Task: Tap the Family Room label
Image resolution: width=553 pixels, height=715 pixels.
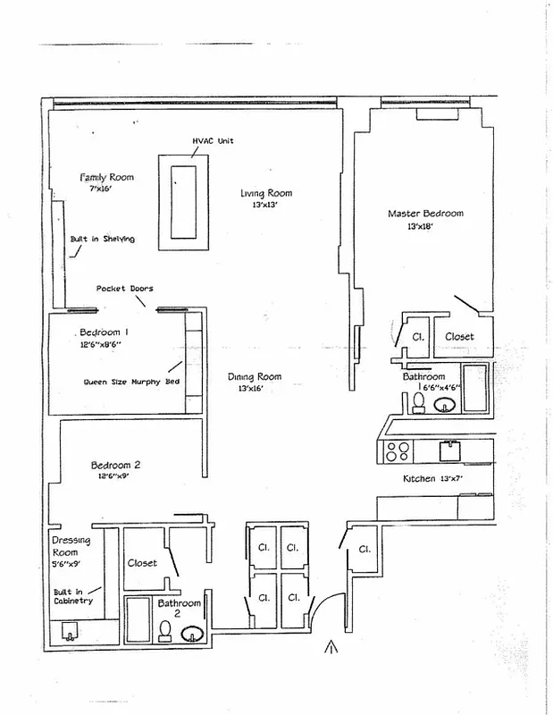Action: point(106,177)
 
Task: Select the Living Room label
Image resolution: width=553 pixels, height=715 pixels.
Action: point(266,193)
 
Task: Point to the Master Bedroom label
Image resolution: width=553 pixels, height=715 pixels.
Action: point(425,214)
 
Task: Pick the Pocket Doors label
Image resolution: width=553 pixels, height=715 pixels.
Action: point(124,289)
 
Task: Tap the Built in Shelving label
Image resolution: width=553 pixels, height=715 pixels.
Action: point(103,240)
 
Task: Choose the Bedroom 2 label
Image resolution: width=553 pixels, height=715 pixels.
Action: point(116,465)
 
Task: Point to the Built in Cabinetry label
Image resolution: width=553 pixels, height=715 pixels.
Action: point(71,596)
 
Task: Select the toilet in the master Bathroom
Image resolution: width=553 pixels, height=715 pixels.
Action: point(417,404)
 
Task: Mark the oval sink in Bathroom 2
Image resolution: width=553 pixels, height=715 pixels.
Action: point(193,635)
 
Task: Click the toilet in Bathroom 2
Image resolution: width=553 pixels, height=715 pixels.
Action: point(164,632)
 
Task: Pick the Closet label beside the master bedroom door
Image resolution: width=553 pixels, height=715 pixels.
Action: point(459,337)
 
